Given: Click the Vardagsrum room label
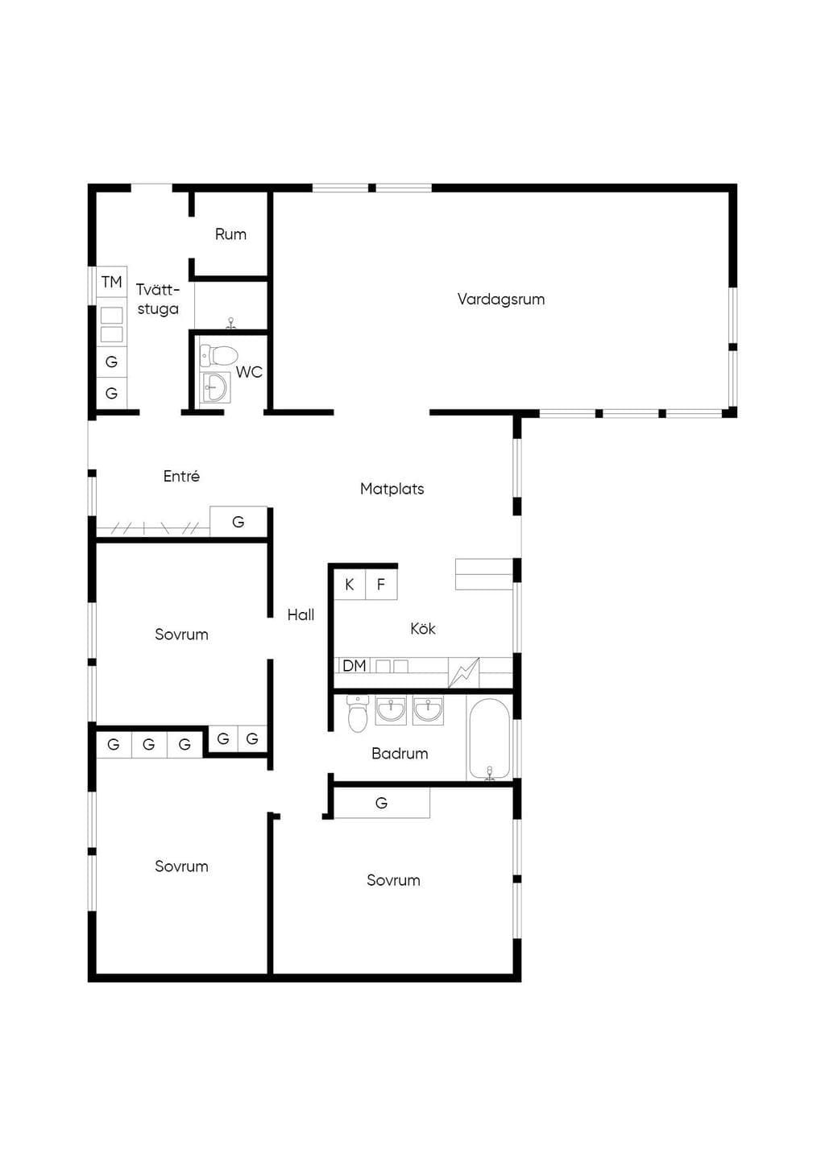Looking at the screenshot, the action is point(501,300).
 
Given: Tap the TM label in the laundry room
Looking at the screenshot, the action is point(111,282).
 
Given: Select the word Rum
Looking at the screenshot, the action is point(230,234).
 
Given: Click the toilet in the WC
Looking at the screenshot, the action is point(219,356).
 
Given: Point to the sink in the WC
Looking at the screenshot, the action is point(215,387).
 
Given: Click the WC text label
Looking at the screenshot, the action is point(249,372).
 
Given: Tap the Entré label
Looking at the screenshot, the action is point(181,476).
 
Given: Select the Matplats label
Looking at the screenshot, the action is point(392,489).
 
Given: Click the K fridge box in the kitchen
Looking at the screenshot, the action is point(350,585).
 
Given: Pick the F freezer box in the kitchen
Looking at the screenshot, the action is point(381,585).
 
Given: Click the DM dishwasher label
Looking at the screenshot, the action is point(354,666).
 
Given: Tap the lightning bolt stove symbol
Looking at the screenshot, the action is point(463,673).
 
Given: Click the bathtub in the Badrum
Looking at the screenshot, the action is point(489,738).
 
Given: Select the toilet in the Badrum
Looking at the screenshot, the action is point(358,713).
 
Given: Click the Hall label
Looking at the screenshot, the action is point(301,614).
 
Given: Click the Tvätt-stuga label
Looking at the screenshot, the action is point(158,300).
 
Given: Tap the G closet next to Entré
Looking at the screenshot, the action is point(238,522).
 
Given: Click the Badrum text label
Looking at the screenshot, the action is point(400,753).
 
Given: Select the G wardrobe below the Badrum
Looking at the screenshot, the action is point(382,803).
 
